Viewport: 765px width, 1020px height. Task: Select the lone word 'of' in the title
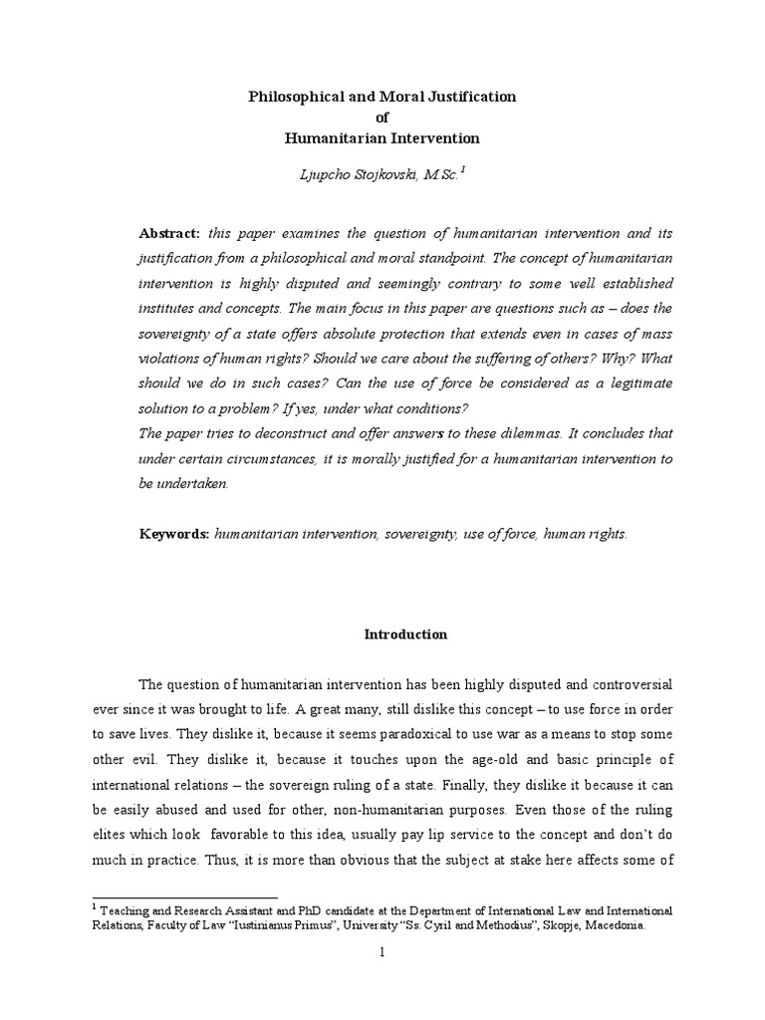coord(382,118)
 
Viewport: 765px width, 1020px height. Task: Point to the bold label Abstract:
coord(169,233)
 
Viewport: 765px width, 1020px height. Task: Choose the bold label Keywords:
coord(174,534)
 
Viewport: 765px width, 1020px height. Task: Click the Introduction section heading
coord(405,635)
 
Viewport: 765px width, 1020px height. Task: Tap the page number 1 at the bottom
coord(382,952)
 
